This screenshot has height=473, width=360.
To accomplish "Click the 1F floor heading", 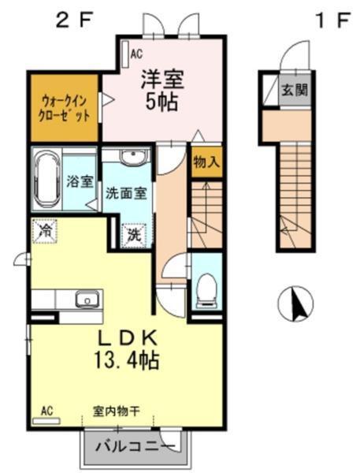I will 331,20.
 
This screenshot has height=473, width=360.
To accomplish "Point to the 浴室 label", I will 80,181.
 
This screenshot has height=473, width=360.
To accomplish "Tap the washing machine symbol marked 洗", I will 135,233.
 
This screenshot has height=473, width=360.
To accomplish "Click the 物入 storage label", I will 206,161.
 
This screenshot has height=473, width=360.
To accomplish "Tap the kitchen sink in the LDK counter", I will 85,300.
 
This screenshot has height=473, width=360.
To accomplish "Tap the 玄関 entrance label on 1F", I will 296,88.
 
